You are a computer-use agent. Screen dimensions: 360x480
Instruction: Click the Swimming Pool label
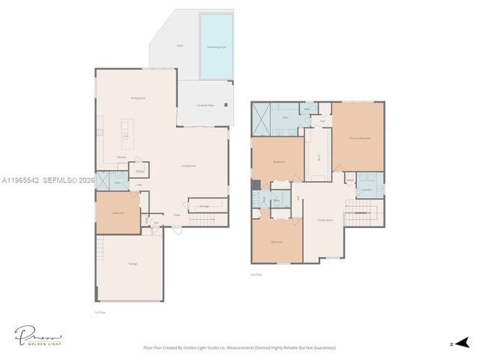click(217, 46)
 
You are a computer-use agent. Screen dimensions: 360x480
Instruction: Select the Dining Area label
click(137, 97)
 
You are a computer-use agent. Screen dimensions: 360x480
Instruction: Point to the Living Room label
click(188, 165)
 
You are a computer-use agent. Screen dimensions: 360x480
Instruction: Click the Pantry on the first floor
click(139, 170)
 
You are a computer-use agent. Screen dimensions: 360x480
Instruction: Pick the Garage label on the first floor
click(132, 264)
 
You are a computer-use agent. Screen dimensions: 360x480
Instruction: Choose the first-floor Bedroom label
click(118, 213)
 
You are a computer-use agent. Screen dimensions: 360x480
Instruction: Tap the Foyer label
click(177, 215)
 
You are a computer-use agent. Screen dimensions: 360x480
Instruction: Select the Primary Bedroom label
click(359, 139)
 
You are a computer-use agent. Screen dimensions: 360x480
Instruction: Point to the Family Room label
click(325, 220)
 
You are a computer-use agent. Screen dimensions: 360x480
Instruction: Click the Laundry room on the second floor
click(366, 190)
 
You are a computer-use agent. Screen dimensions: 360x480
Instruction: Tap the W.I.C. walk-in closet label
click(318, 156)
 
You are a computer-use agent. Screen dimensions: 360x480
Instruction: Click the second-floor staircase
click(361, 219)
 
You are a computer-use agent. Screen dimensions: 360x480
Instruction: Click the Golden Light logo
click(37, 335)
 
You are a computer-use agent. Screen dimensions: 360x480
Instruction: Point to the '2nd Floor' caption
click(256, 274)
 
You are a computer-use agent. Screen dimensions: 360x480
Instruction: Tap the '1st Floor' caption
click(100, 312)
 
